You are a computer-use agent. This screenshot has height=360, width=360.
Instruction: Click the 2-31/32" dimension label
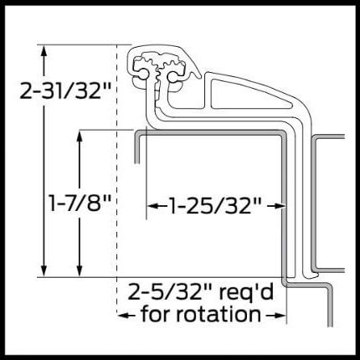pyautogui.click(x=66, y=90)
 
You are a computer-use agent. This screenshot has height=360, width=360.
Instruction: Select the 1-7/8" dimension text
pyautogui.click(x=80, y=203)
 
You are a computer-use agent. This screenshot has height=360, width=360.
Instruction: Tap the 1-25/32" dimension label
pyautogui.click(x=215, y=205)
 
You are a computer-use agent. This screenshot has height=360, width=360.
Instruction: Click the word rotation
pyautogui.click(x=219, y=314)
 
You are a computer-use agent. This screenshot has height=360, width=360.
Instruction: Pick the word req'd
pyautogui.click(x=246, y=293)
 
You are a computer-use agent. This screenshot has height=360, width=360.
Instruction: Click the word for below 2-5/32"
pyautogui.click(x=157, y=314)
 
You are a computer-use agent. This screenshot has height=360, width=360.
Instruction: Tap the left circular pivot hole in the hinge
pyautogui.click(x=144, y=75)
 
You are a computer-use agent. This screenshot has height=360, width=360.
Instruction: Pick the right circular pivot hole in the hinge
pyautogui.click(x=172, y=76)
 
